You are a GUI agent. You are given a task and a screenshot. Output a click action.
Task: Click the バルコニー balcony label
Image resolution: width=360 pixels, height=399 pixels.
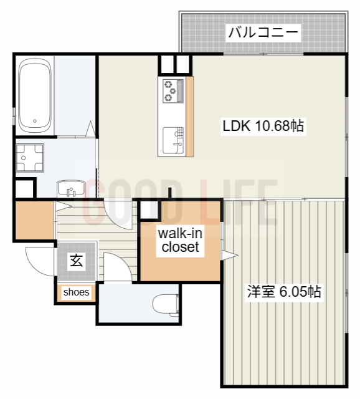[263, 32]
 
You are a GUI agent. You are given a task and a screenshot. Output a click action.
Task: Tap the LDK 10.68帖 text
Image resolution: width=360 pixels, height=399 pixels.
[263, 126]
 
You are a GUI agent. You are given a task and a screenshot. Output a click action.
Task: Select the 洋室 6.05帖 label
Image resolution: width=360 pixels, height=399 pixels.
[284, 291]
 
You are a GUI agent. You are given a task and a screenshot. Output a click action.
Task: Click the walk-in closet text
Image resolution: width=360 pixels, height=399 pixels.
[180, 241]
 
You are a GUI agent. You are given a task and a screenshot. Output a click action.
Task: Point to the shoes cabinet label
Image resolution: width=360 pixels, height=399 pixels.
[76, 292]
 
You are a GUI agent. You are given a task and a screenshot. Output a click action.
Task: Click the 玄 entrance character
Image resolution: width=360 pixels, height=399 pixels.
[76, 261]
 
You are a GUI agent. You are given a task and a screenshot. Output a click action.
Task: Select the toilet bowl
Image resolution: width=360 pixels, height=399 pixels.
[166, 305]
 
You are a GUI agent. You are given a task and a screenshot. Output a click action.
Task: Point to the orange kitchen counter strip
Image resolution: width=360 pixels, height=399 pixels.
[189, 116]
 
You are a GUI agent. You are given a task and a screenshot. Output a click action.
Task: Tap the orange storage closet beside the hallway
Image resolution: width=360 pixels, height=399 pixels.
[34, 219]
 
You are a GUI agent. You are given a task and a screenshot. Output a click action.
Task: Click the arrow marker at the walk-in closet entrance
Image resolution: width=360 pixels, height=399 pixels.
[228, 255]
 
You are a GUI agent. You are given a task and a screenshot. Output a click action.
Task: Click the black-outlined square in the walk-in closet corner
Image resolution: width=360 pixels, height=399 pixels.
[149, 209]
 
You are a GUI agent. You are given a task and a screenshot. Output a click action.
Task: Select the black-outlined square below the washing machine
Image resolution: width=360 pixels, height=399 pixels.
[24, 188]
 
